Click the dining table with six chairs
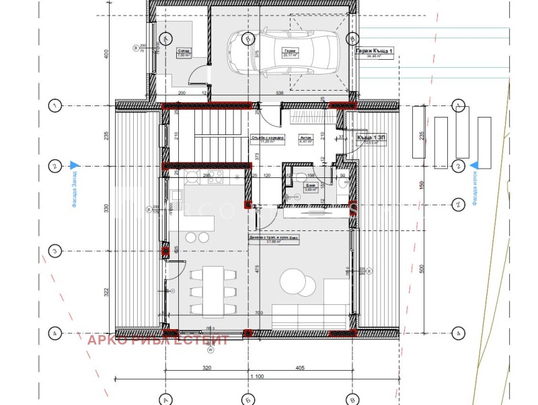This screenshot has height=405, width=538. tap(214, 290)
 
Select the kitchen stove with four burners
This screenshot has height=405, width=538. tap(215, 177)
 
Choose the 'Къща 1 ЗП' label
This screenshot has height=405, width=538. tap(371, 137)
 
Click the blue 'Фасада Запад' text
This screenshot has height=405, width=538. tap(75, 187)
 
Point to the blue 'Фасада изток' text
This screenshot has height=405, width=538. tap(474, 186)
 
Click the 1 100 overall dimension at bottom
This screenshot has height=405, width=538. tap(256, 378)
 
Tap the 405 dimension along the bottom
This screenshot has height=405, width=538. tap(299, 367)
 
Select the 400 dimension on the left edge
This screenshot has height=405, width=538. tap(106, 54)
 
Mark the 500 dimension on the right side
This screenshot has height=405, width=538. tap(422, 268)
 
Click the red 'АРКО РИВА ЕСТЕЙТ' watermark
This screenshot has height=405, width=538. tap(158, 340)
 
